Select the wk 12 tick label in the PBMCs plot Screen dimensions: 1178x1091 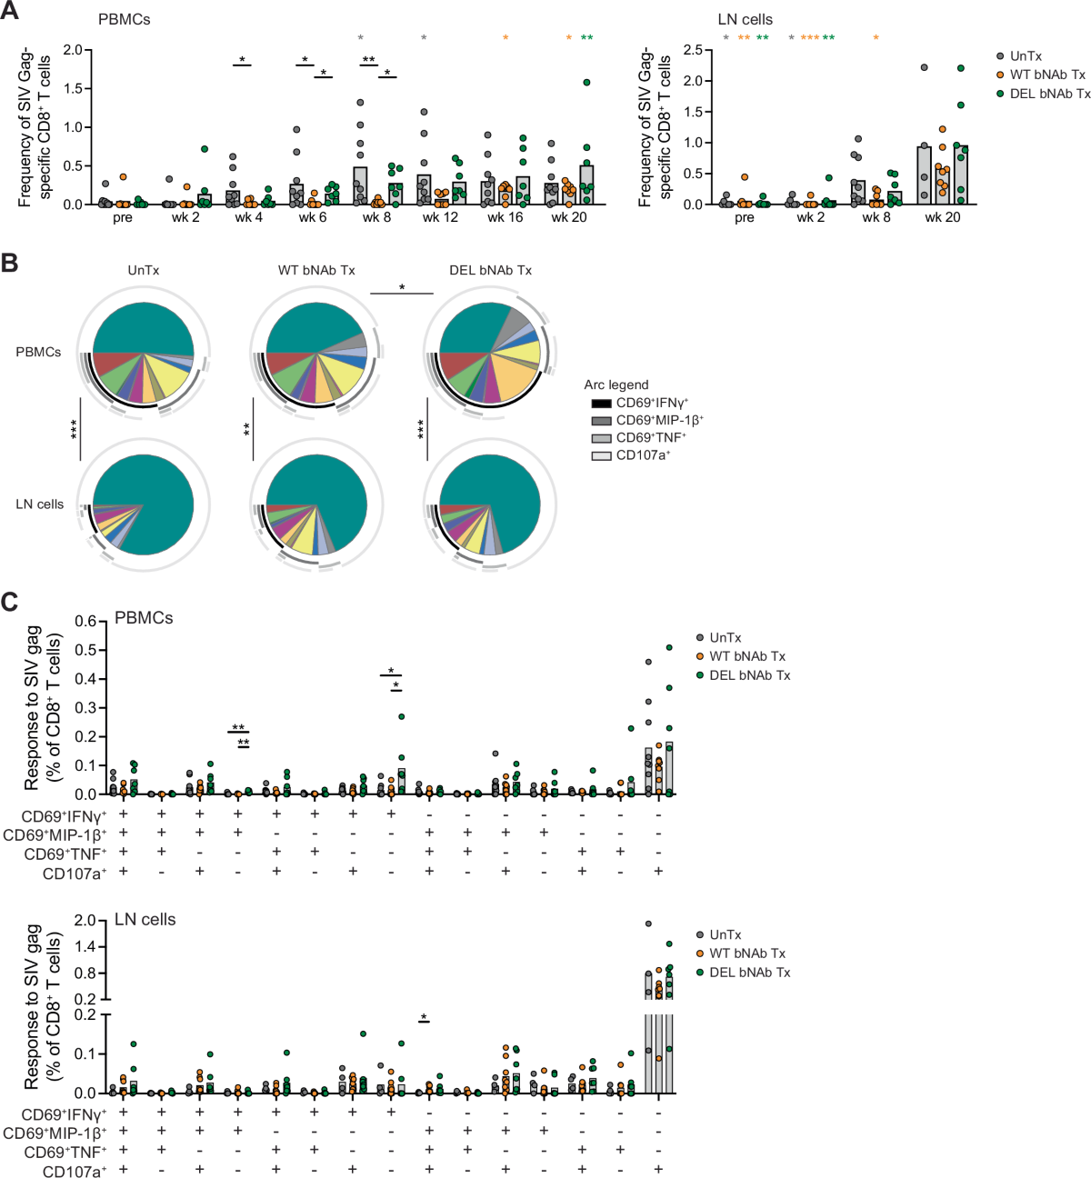[440, 218]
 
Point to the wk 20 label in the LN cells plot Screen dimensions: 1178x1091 [942, 218]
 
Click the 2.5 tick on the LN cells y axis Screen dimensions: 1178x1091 [693, 50]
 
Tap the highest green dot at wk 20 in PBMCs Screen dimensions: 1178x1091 [586, 83]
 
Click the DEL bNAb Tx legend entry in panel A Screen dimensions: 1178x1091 [1049, 94]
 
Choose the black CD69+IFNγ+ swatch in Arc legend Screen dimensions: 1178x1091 [601, 403]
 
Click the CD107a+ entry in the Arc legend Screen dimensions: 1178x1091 [642, 455]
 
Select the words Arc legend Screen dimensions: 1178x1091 [616, 384]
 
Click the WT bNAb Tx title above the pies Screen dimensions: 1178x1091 [316, 270]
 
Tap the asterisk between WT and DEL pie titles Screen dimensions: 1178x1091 [402, 288]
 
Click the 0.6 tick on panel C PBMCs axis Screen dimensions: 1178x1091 [85, 622]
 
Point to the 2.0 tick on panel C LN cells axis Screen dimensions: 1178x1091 [85, 921]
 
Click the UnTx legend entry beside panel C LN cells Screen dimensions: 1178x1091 [725, 934]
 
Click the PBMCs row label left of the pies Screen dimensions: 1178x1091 [38, 352]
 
